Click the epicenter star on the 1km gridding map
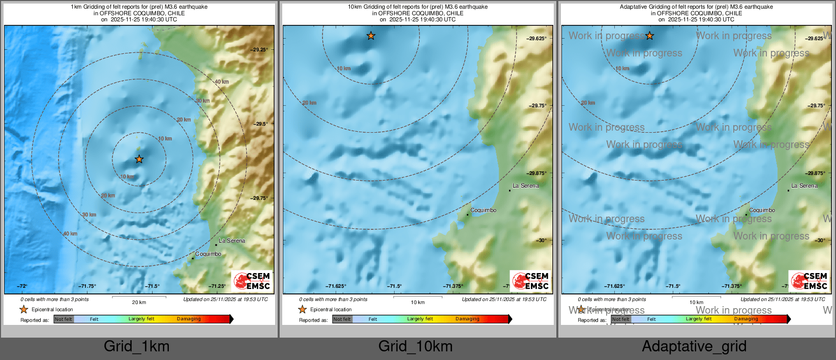click(139, 159)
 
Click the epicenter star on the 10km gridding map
click(371, 36)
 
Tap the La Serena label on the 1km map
click(232, 241)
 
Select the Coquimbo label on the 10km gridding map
click(483, 210)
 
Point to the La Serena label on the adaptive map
click(804, 186)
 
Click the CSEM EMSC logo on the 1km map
click(252, 281)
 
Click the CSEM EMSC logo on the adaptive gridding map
click(809, 281)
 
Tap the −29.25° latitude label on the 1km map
click(259, 50)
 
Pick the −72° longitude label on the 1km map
click(22, 286)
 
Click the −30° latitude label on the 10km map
click(542, 241)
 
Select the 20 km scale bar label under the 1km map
click(139, 302)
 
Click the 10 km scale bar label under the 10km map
click(417, 302)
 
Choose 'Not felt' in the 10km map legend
click(342, 319)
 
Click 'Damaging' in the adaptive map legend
click(746, 319)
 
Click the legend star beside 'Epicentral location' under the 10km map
click(303, 309)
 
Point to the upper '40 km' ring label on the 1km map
click(221, 81)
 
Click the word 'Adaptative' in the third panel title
click(633, 7)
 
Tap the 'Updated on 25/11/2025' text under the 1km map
click(225, 299)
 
